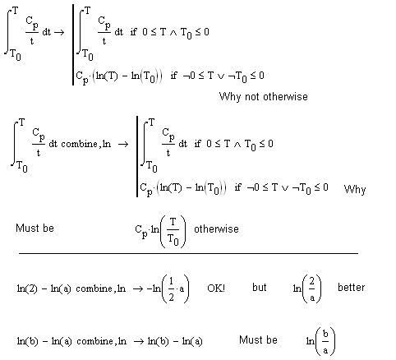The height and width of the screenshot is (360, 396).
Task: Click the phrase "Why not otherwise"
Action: click(263, 97)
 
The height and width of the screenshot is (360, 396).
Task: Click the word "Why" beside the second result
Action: click(355, 189)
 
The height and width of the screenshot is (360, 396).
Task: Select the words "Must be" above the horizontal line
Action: click(35, 228)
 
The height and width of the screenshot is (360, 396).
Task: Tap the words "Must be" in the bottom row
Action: click(258, 340)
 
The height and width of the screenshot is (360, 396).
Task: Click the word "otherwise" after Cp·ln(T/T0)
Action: click(216, 229)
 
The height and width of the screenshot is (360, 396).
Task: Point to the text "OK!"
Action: click(216, 288)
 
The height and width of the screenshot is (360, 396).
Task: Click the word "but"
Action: click(260, 287)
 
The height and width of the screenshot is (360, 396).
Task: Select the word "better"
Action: click(351, 288)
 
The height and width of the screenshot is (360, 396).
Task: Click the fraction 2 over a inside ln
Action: click(312, 289)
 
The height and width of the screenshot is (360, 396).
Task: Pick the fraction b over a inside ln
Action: click(325, 342)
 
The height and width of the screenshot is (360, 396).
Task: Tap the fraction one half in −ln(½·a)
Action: click(171, 289)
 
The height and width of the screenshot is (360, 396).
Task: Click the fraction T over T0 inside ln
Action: click(173, 232)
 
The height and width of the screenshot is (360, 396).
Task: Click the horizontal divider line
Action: click(188, 253)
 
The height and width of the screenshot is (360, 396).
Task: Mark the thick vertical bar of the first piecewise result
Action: click(73, 44)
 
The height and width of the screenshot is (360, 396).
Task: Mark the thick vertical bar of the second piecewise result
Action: click(137, 156)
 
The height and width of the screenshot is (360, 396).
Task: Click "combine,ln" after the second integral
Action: click(85, 144)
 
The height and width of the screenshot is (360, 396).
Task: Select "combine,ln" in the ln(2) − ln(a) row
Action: click(101, 288)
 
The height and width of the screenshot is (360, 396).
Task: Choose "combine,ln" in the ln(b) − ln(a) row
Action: click(102, 341)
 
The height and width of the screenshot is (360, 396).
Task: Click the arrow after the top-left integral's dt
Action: click(59, 32)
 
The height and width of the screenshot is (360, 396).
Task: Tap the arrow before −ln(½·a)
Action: click(138, 288)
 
